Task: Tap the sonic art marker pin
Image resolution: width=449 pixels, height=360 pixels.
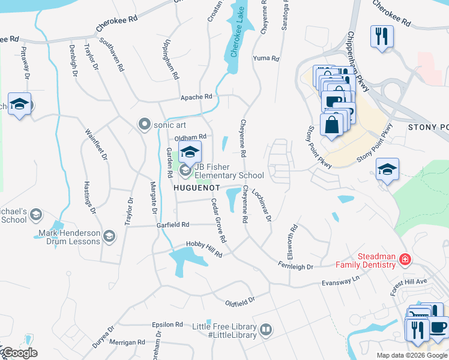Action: pyautogui.click(x=144, y=124)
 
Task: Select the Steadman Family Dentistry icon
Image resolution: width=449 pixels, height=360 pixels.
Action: pyautogui.click(x=405, y=260)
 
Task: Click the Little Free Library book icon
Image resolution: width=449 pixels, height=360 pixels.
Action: pyautogui.click(x=265, y=329)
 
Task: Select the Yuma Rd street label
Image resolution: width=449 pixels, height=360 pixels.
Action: pyautogui.click(x=267, y=59)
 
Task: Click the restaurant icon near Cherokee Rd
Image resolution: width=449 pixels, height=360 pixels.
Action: pyautogui.click(x=381, y=36)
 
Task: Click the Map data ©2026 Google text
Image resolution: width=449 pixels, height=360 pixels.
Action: pyautogui.click(x=411, y=355)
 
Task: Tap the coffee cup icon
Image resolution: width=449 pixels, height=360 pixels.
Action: pyautogui.click(x=438, y=328)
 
